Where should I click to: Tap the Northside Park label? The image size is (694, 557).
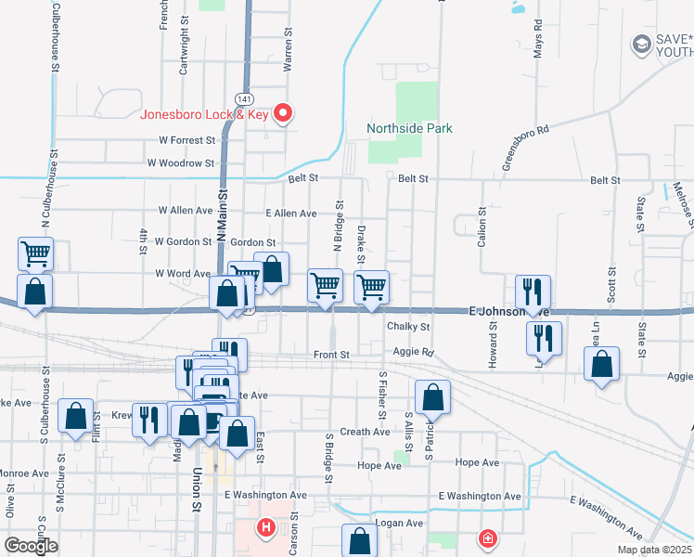click(x=409, y=128)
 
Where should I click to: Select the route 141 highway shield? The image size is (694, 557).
click(x=244, y=98)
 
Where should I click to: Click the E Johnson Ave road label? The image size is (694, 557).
click(x=509, y=312)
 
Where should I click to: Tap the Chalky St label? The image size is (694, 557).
click(x=408, y=327)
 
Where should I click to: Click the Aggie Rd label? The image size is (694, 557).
click(x=414, y=353)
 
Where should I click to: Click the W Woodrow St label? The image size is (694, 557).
click(x=180, y=162)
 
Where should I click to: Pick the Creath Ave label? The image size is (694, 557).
click(x=365, y=432)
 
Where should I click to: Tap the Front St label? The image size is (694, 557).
click(x=331, y=355)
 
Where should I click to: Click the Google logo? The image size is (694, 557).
click(x=31, y=546)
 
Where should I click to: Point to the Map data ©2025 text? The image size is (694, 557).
click(x=654, y=550)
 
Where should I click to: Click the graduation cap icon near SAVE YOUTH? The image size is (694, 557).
click(x=640, y=44)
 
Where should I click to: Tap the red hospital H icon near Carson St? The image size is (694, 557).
click(x=266, y=529)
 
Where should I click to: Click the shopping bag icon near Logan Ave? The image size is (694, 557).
click(x=359, y=541)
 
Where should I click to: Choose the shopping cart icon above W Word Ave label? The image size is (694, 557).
click(x=35, y=252)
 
